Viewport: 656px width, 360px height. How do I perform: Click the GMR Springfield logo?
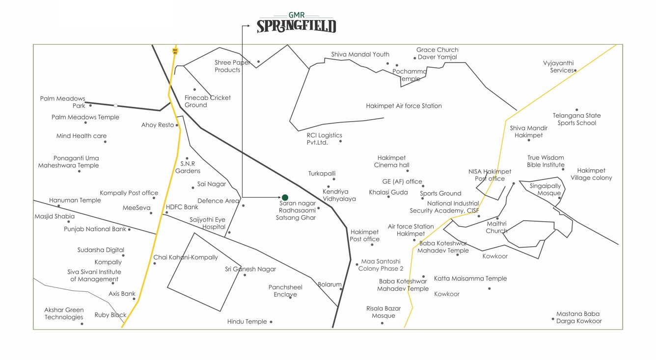pyautogui.click(x=297, y=23)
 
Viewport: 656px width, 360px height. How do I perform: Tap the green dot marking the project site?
pyautogui.click(x=285, y=198)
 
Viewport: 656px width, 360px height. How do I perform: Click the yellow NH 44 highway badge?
pyautogui.click(x=175, y=50)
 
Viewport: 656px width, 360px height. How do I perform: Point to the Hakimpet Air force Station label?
pyautogui.click(x=404, y=106)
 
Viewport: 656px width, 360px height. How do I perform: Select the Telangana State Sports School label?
pyautogui.click(x=576, y=119)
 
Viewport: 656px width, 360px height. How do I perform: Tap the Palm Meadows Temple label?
pyautogui.click(x=85, y=117)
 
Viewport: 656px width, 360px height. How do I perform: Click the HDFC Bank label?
pyautogui.click(x=182, y=207)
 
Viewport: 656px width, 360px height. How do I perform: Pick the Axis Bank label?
pyautogui.click(x=122, y=294)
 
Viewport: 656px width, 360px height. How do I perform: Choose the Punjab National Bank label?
pyautogui.click(x=95, y=229)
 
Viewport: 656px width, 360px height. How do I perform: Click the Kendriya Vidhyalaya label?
pyautogui.click(x=339, y=195)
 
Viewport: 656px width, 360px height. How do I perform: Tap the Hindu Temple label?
pyautogui.click(x=247, y=322)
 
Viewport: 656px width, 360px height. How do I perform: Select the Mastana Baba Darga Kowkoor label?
pyautogui.click(x=578, y=317)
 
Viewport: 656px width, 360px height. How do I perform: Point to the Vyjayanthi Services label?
pyautogui.click(x=558, y=67)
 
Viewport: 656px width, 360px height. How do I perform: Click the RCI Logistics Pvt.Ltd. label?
pyautogui.click(x=324, y=139)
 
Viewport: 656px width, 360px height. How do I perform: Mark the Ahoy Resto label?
pyautogui.click(x=157, y=125)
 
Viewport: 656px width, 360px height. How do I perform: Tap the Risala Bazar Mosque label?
pyautogui.click(x=383, y=312)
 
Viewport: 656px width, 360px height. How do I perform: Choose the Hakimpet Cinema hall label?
pyautogui.click(x=391, y=161)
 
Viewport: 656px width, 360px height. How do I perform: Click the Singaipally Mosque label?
pyautogui.click(x=545, y=189)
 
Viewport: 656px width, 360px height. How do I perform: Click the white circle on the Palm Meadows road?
pyautogui.click(x=115, y=105)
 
